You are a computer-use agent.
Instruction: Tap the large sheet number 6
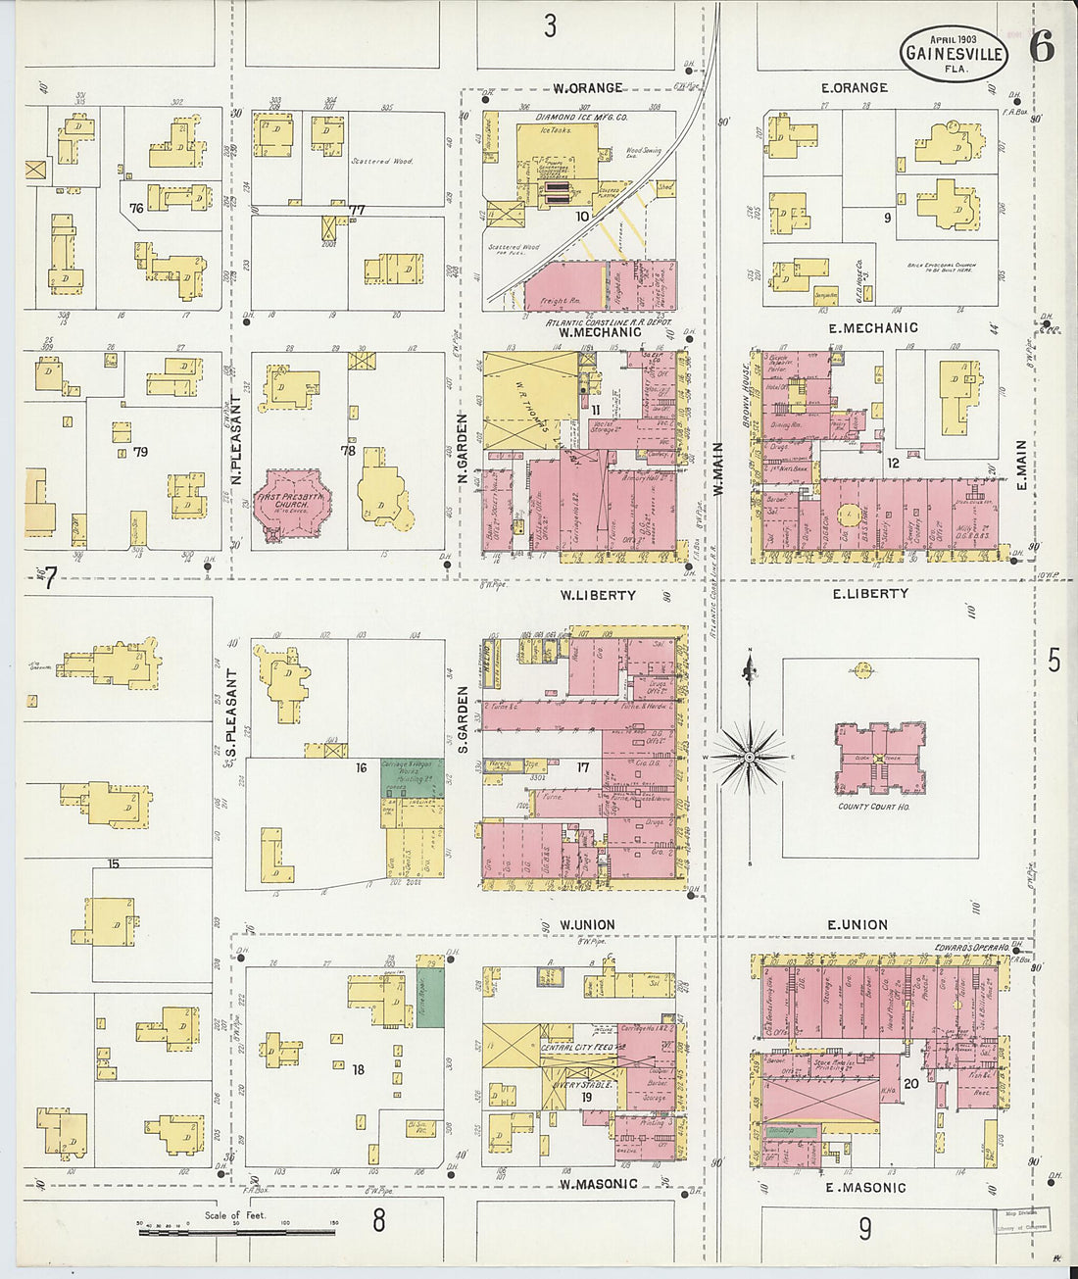[1041, 47]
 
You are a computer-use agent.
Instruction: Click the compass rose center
[749, 758]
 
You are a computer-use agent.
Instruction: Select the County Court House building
[879, 760]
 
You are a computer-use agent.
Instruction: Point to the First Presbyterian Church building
[292, 504]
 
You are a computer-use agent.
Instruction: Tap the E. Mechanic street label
[872, 328]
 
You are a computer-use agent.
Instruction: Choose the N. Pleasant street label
[236, 430]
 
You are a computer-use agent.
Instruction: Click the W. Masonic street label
[598, 1184]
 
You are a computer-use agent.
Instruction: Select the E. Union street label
[857, 924]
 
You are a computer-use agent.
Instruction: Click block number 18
[358, 1069]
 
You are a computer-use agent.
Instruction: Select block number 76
[135, 208]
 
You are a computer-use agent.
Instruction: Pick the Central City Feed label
[577, 1048]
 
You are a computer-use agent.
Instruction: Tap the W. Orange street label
[587, 88]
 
